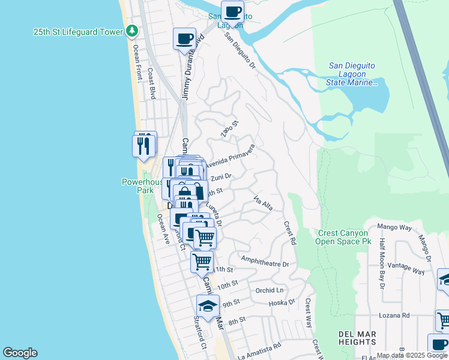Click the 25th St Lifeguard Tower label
[77, 31]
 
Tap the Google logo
[20, 353]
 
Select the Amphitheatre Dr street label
[265, 261]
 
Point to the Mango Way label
[394, 228]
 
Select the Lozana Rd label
[394, 315]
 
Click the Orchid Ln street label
[268, 290]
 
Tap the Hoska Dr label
[283, 303]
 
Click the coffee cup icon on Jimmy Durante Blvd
[185, 40]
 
